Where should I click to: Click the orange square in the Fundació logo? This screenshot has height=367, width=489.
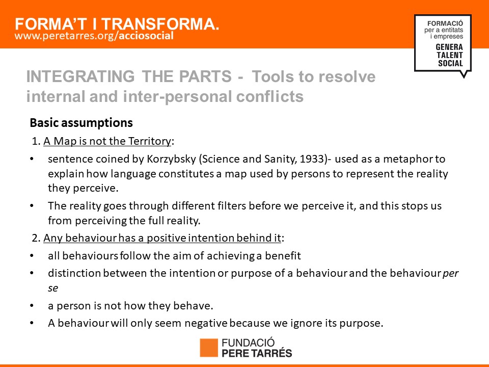(x=209, y=348)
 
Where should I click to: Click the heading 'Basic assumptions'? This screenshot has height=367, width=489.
(x=81, y=123)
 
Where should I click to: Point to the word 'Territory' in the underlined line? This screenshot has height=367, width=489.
(x=150, y=141)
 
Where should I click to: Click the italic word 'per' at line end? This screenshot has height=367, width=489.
(x=451, y=274)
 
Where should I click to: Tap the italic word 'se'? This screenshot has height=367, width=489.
(x=53, y=288)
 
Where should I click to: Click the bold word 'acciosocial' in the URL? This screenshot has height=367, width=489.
(x=146, y=36)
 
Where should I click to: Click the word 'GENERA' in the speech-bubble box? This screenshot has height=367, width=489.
(x=449, y=47)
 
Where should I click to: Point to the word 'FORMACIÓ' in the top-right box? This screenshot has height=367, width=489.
(x=445, y=23)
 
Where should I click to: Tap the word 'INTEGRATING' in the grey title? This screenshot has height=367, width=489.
(x=80, y=76)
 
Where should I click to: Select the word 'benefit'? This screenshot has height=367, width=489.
(x=283, y=256)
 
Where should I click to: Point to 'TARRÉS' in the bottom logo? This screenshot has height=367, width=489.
(x=272, y=353)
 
